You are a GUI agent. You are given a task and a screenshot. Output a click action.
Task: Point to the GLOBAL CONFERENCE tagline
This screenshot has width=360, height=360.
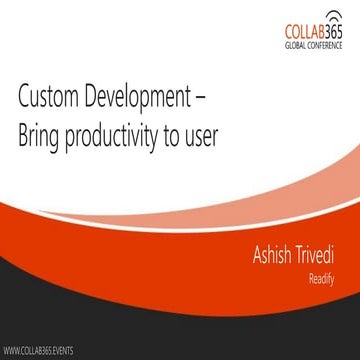314,47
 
